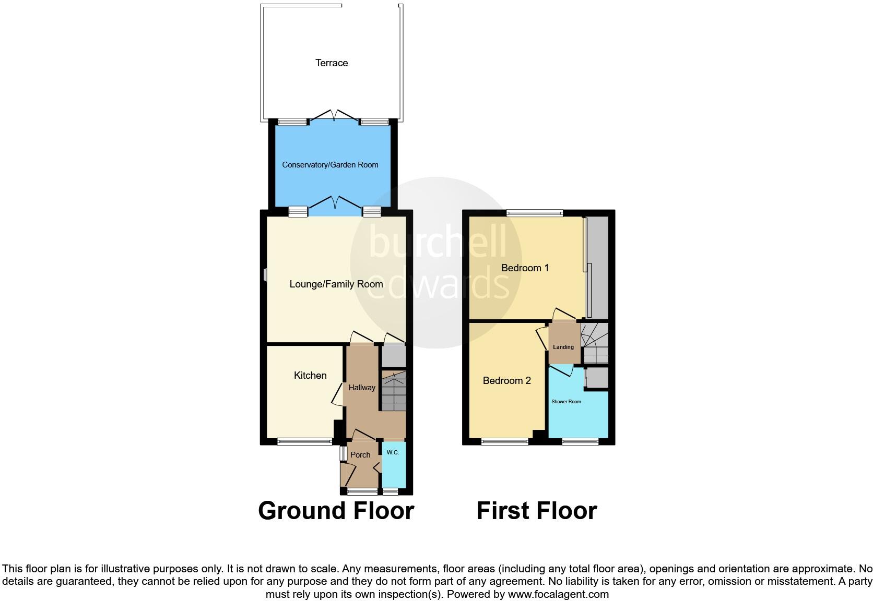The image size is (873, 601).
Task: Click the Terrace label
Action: pyautogui.click(x=331, y=63)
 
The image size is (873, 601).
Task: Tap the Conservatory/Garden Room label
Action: pyautogui.click(x=330, y=165)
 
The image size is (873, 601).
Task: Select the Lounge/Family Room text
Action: pyautogui.click(x=336, y=284)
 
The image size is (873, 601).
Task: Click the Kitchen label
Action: pyautogui.click(x=310, y=376)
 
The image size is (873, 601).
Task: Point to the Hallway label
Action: pyautogui.click(x=362, y=388)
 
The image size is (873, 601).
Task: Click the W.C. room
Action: pyautogui.click(x=393, y=464)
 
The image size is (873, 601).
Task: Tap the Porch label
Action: pyautogui.click(x=360, y=455)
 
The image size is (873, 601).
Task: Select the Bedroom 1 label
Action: pyautogui.click(x=525, y=268)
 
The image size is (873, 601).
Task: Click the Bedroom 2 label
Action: pyautogui.click(x=506, y=381)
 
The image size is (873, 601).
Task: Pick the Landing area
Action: pyautogui.click(x=563, y=344)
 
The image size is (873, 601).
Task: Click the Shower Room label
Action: pyautogui.click(x=566, y=402)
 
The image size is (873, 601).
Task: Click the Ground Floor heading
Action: pyautogui.click(x=336, y=511)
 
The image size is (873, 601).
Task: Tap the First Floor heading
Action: pyautogui.click(x=536, y=511)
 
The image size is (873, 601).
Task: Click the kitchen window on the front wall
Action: pyautogui.click(x=304, y=441)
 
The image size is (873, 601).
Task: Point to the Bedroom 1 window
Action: pyautogui.click(x=534, y=213)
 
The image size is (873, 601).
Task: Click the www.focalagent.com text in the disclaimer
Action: pyautogui.click(x=558, y=594)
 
